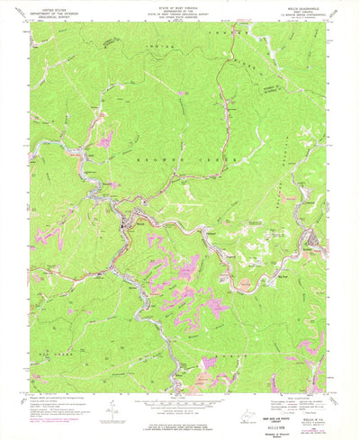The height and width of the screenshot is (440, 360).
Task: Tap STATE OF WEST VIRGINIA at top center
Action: click(x=181, y=6)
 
